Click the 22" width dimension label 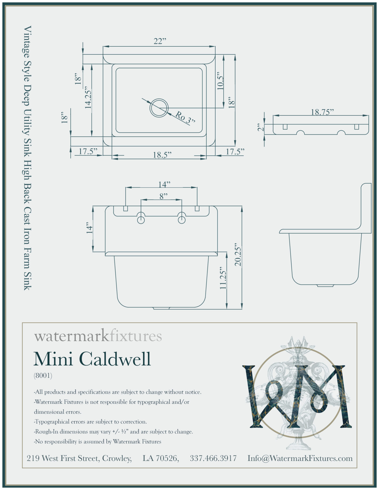point(160,41)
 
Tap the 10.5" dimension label point(221,81)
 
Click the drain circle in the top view point(159,108)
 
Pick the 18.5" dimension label point(162,155)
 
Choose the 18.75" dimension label point(322,112)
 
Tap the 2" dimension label point(260,127)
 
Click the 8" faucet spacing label point(163,196)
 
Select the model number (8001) point(43,376)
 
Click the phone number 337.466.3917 point(213,458)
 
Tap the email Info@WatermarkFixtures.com point(300,458)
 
